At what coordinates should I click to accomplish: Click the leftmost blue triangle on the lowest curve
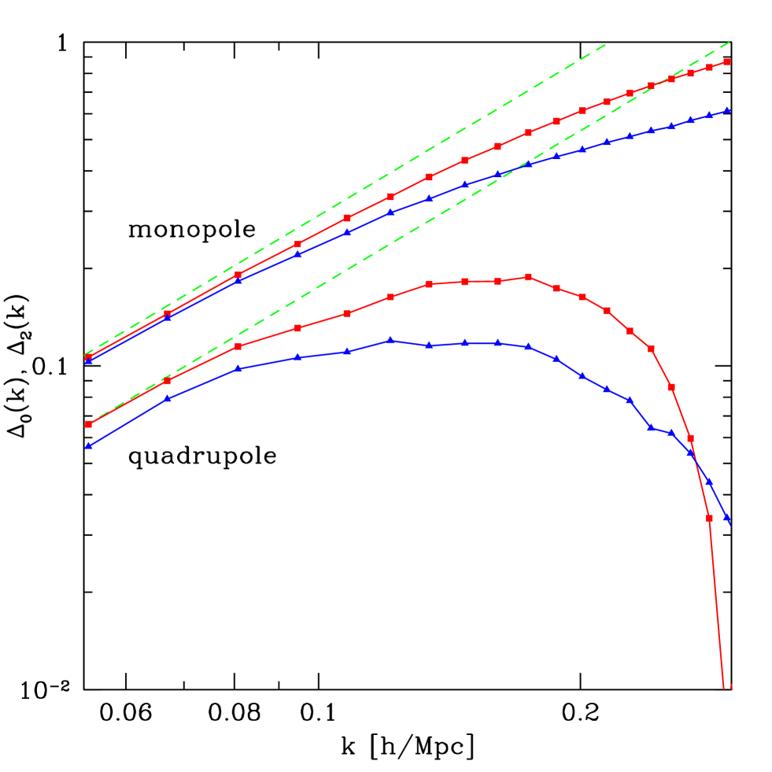pos(89,446)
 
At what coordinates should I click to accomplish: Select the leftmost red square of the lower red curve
pos(89,424)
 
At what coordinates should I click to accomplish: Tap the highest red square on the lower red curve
pos(528,277)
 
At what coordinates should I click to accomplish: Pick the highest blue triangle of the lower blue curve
pos(390,341)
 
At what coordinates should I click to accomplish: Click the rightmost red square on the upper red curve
pos(727,61)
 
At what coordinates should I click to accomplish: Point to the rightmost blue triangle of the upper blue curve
pos(727,110)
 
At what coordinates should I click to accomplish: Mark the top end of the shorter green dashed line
pos(604,45)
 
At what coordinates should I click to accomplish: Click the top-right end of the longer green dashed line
pos(730,42)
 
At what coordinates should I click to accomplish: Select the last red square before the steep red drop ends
pos(709,518)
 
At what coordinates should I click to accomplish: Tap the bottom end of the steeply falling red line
pos(723,689)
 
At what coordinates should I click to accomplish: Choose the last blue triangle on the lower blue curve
pos(726,517)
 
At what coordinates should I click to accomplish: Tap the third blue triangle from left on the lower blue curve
pos(238,369)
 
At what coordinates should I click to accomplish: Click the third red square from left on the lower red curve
pos(238,346)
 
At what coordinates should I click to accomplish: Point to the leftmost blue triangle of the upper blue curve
pos(89,361)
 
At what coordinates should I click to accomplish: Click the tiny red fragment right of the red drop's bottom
pos(731,686)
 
